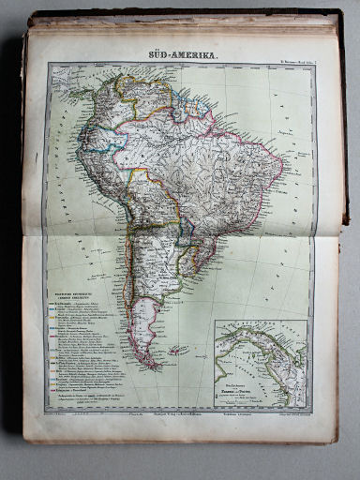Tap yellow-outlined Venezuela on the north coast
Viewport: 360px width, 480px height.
point(141,94)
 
